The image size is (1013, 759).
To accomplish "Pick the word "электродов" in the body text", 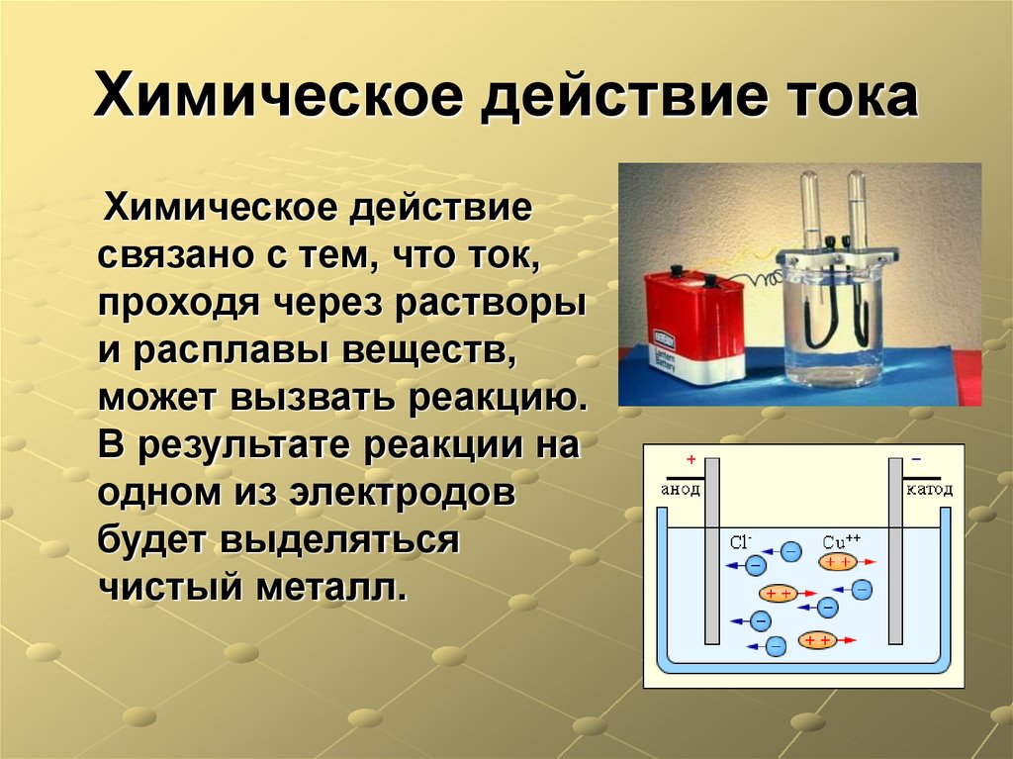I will click(403, 492).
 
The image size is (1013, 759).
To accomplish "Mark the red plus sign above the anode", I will click(691, 461).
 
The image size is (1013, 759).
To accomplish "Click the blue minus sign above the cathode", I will click(915, 461).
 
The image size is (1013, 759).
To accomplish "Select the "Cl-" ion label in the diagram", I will click(741, 541).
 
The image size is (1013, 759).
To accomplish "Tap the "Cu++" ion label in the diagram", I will click(842, 541).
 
